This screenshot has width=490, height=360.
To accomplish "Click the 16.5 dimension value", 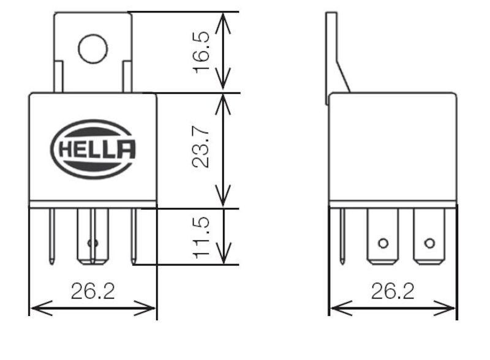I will pyautogui.click(x=202, y=52).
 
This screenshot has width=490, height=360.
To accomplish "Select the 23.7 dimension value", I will pyautogui.click(x=202, y=148).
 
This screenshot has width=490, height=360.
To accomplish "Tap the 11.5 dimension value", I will pyautogui.click(x=202, y=237).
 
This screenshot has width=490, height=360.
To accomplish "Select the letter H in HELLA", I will pyautogui.click(x=66, y=149).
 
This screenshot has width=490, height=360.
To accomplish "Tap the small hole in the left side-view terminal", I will pyautogui.click(x=383, y=243).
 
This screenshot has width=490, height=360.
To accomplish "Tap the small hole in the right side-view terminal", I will pyautogui.click(x=429, y=243).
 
